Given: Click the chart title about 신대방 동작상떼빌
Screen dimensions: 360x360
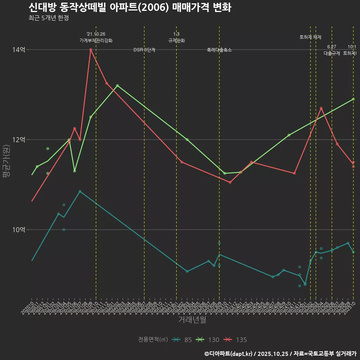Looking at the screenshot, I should pyautogui.click(x=130, y=7).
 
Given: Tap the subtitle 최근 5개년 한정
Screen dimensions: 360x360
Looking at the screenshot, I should pyautogui.click(x=48, y=18).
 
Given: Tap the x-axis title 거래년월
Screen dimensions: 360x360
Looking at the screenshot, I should pyautogui.click(x=192, y=320).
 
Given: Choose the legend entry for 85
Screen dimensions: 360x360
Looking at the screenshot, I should pyautogui.click(x=183, y=340).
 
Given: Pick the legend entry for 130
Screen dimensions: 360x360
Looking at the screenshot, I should pyautogui.click(x=208, y=340).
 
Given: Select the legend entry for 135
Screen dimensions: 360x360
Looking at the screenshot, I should pyautogui.click(x=236, y=340).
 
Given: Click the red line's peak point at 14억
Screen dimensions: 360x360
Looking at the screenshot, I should pyautogui.click(x=91, y=49).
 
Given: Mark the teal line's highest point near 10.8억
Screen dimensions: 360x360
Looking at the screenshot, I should pyautogui.click(x=80, y=191).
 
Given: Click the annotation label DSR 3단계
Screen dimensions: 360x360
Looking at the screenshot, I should pyautogui.click(x=144, y=50).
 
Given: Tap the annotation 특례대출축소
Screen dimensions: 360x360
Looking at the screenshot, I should pyautogui.click(x=219, y=50).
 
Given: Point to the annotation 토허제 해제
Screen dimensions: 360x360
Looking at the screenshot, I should pyautogui.click(x=310, y=37).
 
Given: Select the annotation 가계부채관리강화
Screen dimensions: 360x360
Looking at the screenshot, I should pyautogui.click(x=96, y=40).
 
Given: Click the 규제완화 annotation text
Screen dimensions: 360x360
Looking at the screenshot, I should pyautogui.click(x=176, y=40).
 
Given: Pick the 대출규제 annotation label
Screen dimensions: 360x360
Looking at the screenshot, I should pyautogui.click(x=332, y=53).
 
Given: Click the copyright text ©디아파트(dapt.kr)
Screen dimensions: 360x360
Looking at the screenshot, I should pyautogui.click(x=229, y=353).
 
